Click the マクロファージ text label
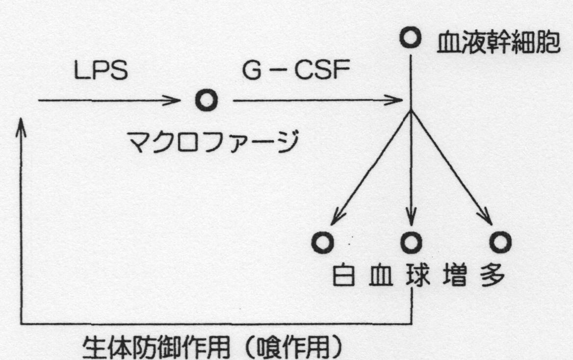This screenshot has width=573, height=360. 213,141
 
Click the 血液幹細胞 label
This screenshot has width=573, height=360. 498,43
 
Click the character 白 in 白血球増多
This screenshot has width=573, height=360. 343,275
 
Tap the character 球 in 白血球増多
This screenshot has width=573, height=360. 417,275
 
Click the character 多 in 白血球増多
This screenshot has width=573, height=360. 493,275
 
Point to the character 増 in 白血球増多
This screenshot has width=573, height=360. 455,275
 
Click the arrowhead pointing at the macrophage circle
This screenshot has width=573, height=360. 173,100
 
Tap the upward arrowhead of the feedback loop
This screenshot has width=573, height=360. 21,126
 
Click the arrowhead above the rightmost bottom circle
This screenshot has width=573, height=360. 487,217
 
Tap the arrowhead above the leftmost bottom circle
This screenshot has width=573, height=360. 337,217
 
